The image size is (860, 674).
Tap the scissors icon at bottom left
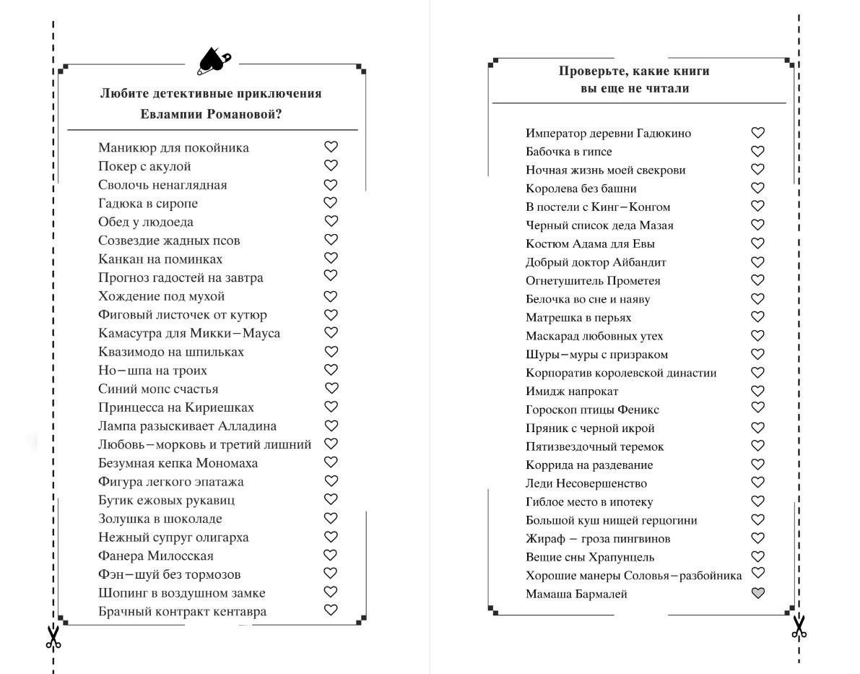(53, 636)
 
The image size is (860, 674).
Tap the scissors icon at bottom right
(798, 626)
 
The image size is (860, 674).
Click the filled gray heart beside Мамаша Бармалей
(757, 593)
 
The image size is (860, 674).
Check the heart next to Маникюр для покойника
(331, 147)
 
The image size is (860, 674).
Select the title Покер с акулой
(144, 166)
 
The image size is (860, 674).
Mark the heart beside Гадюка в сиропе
(331, 202)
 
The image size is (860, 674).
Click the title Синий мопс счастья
(158, 389)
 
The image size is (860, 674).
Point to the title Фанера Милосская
(156, 556)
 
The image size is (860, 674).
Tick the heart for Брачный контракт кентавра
(331, 610)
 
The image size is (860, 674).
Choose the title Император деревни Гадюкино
(608, 133)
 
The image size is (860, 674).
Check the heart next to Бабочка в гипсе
(757, 151)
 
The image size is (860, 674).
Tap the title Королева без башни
(581, 189)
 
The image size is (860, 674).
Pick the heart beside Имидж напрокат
(757, 391)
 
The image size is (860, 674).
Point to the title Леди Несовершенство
(586, 483)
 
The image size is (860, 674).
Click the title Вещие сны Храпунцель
(590, 557)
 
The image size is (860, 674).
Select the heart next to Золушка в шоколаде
(331, 518)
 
